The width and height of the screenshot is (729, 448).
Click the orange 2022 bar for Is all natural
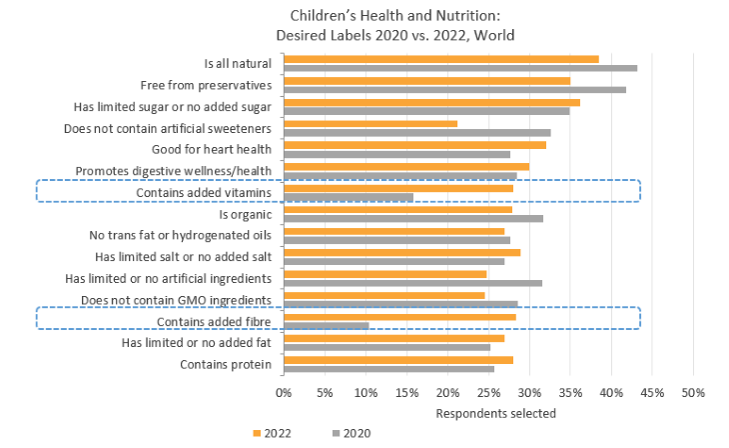(440, 59)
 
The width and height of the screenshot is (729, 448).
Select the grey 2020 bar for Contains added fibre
(326, 325)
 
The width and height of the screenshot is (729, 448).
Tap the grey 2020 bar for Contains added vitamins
(348, 197)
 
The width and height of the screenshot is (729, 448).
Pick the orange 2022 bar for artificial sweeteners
(369, 124)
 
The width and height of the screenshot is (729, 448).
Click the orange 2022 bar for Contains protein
(397, 360)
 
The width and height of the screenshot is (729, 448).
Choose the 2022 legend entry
(277, 433)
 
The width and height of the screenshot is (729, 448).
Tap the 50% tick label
(693, 390)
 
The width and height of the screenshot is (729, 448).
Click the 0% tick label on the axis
(284, 390)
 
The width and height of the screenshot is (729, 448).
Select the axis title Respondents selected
(495, 412)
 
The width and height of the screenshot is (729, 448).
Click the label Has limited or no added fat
(196, 343)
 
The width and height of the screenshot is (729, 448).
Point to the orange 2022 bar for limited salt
(401, 253)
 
